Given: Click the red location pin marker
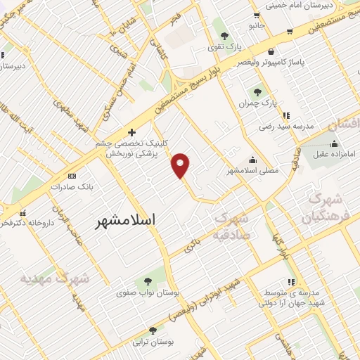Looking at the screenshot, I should tap(181, 165).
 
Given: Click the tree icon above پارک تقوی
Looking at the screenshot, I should tap(224, 35).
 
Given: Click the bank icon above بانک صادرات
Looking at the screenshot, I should tap(71, 176).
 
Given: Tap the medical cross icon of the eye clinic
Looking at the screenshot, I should tap(131, 131).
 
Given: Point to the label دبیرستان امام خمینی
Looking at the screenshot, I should tap(311, 6).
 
